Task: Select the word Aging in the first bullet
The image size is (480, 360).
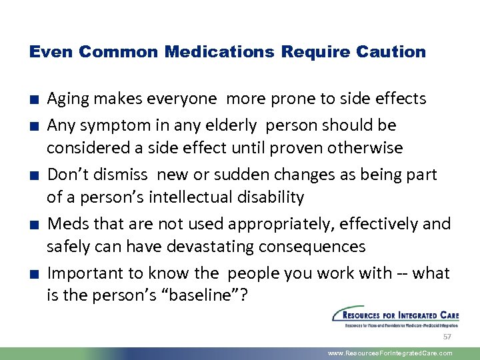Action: [x=70, y=99]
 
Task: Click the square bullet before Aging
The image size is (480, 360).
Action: [x=33, y=99]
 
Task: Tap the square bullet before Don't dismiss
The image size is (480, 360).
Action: [x=33, y=175]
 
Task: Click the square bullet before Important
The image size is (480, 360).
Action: [x=33, y=274]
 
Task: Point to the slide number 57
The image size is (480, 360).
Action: [x=447, y=337]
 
